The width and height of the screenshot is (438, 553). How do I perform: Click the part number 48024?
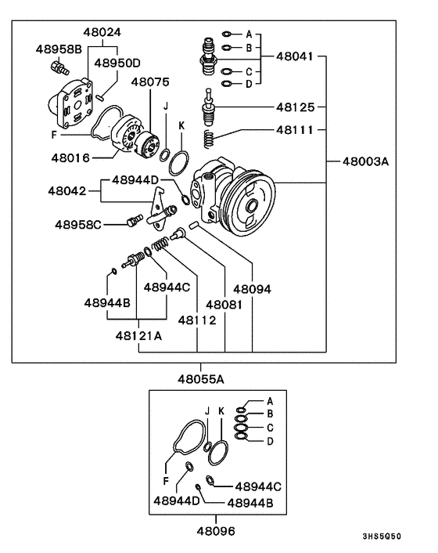click(x=102, y=32)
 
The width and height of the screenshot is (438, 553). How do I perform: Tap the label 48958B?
click(x=59, y=49)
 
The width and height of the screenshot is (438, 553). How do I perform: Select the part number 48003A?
click(x=365, y=161)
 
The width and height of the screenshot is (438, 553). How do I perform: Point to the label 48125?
click(x=295, y=107)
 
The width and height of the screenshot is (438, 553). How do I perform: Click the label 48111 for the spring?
click(x=295, y=130)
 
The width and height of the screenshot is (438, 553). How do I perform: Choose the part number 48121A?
click(x=138, y=336)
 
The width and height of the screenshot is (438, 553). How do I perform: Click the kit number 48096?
click(x=215, y=531)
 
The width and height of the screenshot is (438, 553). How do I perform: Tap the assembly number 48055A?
click(x=201, y=379)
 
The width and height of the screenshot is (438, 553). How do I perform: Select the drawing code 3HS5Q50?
click(x=382, y=537)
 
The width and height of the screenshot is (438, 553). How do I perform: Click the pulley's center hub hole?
click(x=251, y=205)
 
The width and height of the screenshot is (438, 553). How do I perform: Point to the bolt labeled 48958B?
click(x=60, y=67)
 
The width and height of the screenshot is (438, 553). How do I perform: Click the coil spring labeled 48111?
click(x=210, y=138)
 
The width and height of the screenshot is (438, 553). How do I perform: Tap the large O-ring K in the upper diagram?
click(x=178, y=163)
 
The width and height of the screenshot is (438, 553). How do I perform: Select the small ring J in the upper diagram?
click(x=164, y=155)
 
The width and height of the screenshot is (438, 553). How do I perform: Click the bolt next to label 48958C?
click(x=135, y=220)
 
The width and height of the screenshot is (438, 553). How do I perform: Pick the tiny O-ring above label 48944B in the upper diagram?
click(x=113, y=271)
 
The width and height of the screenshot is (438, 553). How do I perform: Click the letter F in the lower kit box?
click(x=166, y=481)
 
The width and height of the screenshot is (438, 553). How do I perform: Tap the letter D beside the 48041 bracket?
click(x=249, y=85)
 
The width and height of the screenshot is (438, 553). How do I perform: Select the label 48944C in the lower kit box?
click(x=258, y=487)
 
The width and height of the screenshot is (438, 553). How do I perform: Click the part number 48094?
click(x=252, y=290)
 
